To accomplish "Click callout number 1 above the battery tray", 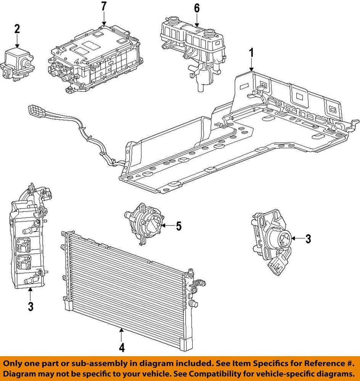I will tap(251, 53).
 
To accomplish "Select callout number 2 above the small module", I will tap(17, 29).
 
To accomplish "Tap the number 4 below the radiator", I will tap(121, 347).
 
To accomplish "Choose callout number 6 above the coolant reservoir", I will tap(196, 8).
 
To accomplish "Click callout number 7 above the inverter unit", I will tap(104, 6).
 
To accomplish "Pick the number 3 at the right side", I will tap(308, 239).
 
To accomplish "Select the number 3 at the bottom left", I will tap(31, 306).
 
